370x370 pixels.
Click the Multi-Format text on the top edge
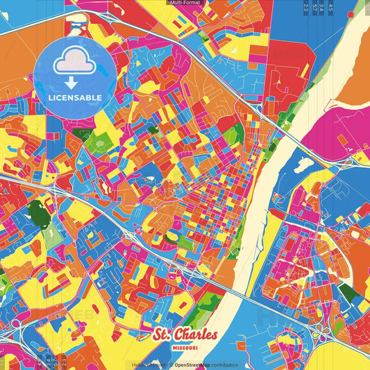coord(185,3)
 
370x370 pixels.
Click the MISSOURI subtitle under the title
coord(185,348)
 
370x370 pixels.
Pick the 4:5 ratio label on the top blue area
coord(330,8)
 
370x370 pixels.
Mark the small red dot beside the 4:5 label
coord(351,12)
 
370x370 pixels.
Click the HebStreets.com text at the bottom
coord(144,365)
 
